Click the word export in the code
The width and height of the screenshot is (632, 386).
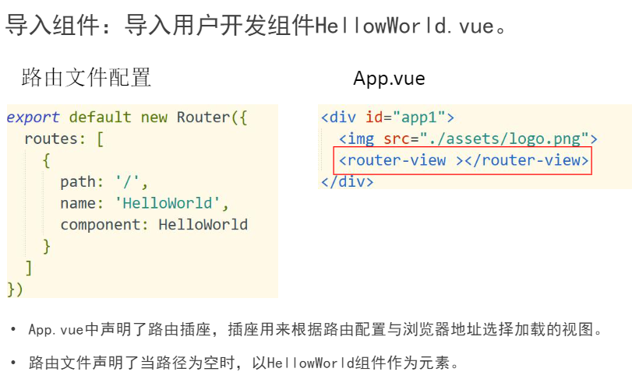coord(33,118)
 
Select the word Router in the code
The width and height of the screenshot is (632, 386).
coord(203,118)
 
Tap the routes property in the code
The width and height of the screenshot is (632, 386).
coord(51,140)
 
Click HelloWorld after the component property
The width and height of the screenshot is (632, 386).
coord(203,226)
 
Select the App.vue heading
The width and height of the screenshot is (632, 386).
coord(389,79)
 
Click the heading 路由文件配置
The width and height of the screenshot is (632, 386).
coord(86,78)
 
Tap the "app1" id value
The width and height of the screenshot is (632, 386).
coord(420,118)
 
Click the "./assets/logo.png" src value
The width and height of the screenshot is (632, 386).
coord(511,139)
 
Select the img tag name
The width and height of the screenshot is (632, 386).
coord(360,139)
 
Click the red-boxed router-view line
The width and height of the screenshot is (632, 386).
coord(462,161)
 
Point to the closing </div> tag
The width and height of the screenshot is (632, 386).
coord(348,182)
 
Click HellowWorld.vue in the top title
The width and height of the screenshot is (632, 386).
coord(404,26)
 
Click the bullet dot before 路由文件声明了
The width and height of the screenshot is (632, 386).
coord(12,363)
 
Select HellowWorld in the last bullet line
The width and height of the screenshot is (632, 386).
coord(311,363)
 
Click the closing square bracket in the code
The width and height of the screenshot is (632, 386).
coord(29,268)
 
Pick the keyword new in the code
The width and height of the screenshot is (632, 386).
coord(154,118)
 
